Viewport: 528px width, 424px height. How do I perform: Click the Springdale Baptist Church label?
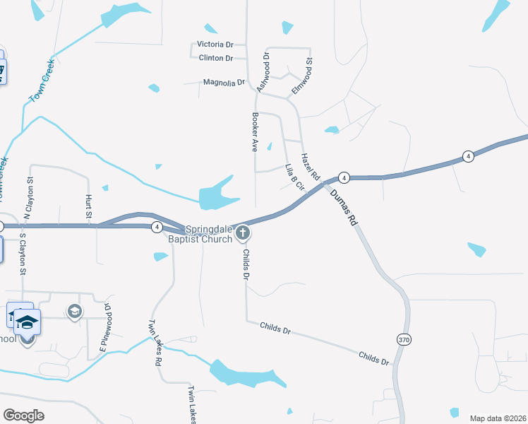click(209, 235)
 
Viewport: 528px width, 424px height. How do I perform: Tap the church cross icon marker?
click(242, 232)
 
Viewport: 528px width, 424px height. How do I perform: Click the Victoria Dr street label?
click(216, 45)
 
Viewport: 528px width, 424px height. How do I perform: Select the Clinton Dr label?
click(216, 58)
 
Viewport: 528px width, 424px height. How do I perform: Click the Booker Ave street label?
click(256, 132)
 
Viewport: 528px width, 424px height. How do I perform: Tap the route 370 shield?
click(403, 339)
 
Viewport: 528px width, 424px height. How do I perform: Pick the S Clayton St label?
click(23, 253)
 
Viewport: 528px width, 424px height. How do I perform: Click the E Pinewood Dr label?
click(106, 326)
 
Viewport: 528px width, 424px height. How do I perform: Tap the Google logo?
click(24, 416)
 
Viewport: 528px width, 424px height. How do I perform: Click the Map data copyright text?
click(497, 418)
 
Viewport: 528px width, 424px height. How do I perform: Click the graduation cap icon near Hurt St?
click(74, 311)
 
